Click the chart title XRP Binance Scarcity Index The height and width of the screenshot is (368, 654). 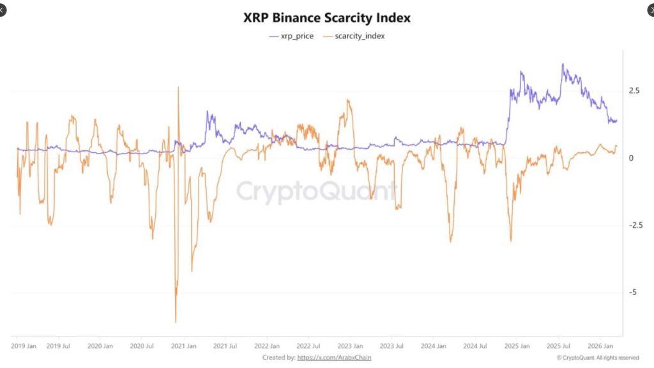pos(327,17)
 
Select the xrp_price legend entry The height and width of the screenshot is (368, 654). pos(292,36)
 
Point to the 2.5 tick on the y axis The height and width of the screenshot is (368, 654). pos(634,91)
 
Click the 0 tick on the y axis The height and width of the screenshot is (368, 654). pos(631,158)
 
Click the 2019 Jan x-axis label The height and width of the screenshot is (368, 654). pos(24,346)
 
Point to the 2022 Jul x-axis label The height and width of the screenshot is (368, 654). pos(308,346)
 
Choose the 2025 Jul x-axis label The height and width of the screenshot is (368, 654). pos(558,346)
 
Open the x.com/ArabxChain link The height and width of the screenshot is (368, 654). pos(334,358)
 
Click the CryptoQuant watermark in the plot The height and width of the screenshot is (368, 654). pos(316,191)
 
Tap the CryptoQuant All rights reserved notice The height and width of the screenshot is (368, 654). pos(598,358)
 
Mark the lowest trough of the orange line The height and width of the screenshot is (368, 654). pos(176,322)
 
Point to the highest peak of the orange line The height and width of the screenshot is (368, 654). pos(178,87)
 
